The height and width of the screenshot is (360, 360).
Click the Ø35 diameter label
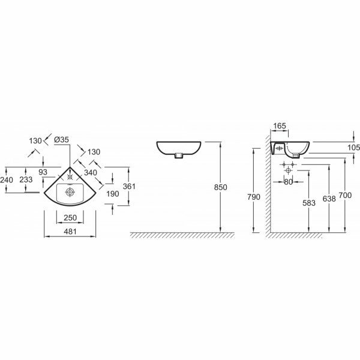62,140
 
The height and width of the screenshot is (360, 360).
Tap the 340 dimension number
91,173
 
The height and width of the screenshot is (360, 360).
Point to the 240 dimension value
7,179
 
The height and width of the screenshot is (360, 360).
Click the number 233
26,179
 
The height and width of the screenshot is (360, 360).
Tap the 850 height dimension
220,187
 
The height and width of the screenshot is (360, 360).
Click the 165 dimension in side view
279,127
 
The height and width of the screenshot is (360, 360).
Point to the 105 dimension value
353,148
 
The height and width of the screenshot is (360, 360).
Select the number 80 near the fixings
288,182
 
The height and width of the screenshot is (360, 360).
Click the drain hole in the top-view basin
70,193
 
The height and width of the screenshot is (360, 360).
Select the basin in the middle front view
179,148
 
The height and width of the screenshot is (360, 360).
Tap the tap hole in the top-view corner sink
71,177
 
